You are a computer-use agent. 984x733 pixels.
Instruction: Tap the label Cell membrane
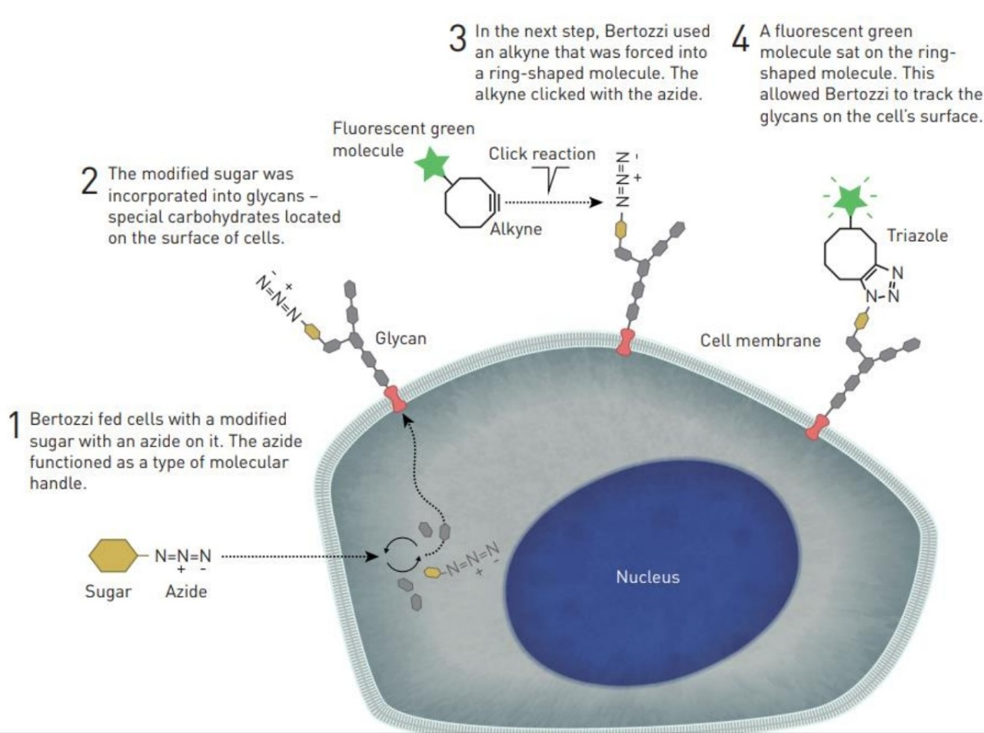tap(760, 340)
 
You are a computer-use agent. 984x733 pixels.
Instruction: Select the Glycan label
tap(400, 338)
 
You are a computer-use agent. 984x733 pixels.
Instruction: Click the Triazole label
tap(917, 235)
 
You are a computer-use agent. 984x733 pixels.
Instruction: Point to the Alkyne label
tap(516, 229)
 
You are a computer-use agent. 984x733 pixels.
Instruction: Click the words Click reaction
tap(542, 154)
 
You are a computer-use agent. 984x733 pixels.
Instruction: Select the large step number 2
tap(90, 181)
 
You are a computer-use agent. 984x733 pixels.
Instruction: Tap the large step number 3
tap(457, 38)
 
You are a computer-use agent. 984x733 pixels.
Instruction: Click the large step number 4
tap(740, 38)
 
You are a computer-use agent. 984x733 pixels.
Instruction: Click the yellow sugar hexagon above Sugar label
tap(113, 556)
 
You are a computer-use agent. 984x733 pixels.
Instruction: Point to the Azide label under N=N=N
tap(186, 591)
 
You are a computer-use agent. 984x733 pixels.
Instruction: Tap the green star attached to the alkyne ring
tap(432, 165)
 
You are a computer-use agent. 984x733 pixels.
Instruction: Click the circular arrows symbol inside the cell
tap(401, 554)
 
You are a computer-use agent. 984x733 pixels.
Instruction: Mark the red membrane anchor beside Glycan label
tap(395, 400)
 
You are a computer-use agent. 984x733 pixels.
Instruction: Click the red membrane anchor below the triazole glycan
tap(817, 427)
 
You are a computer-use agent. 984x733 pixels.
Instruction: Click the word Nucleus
tap(647, 577)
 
